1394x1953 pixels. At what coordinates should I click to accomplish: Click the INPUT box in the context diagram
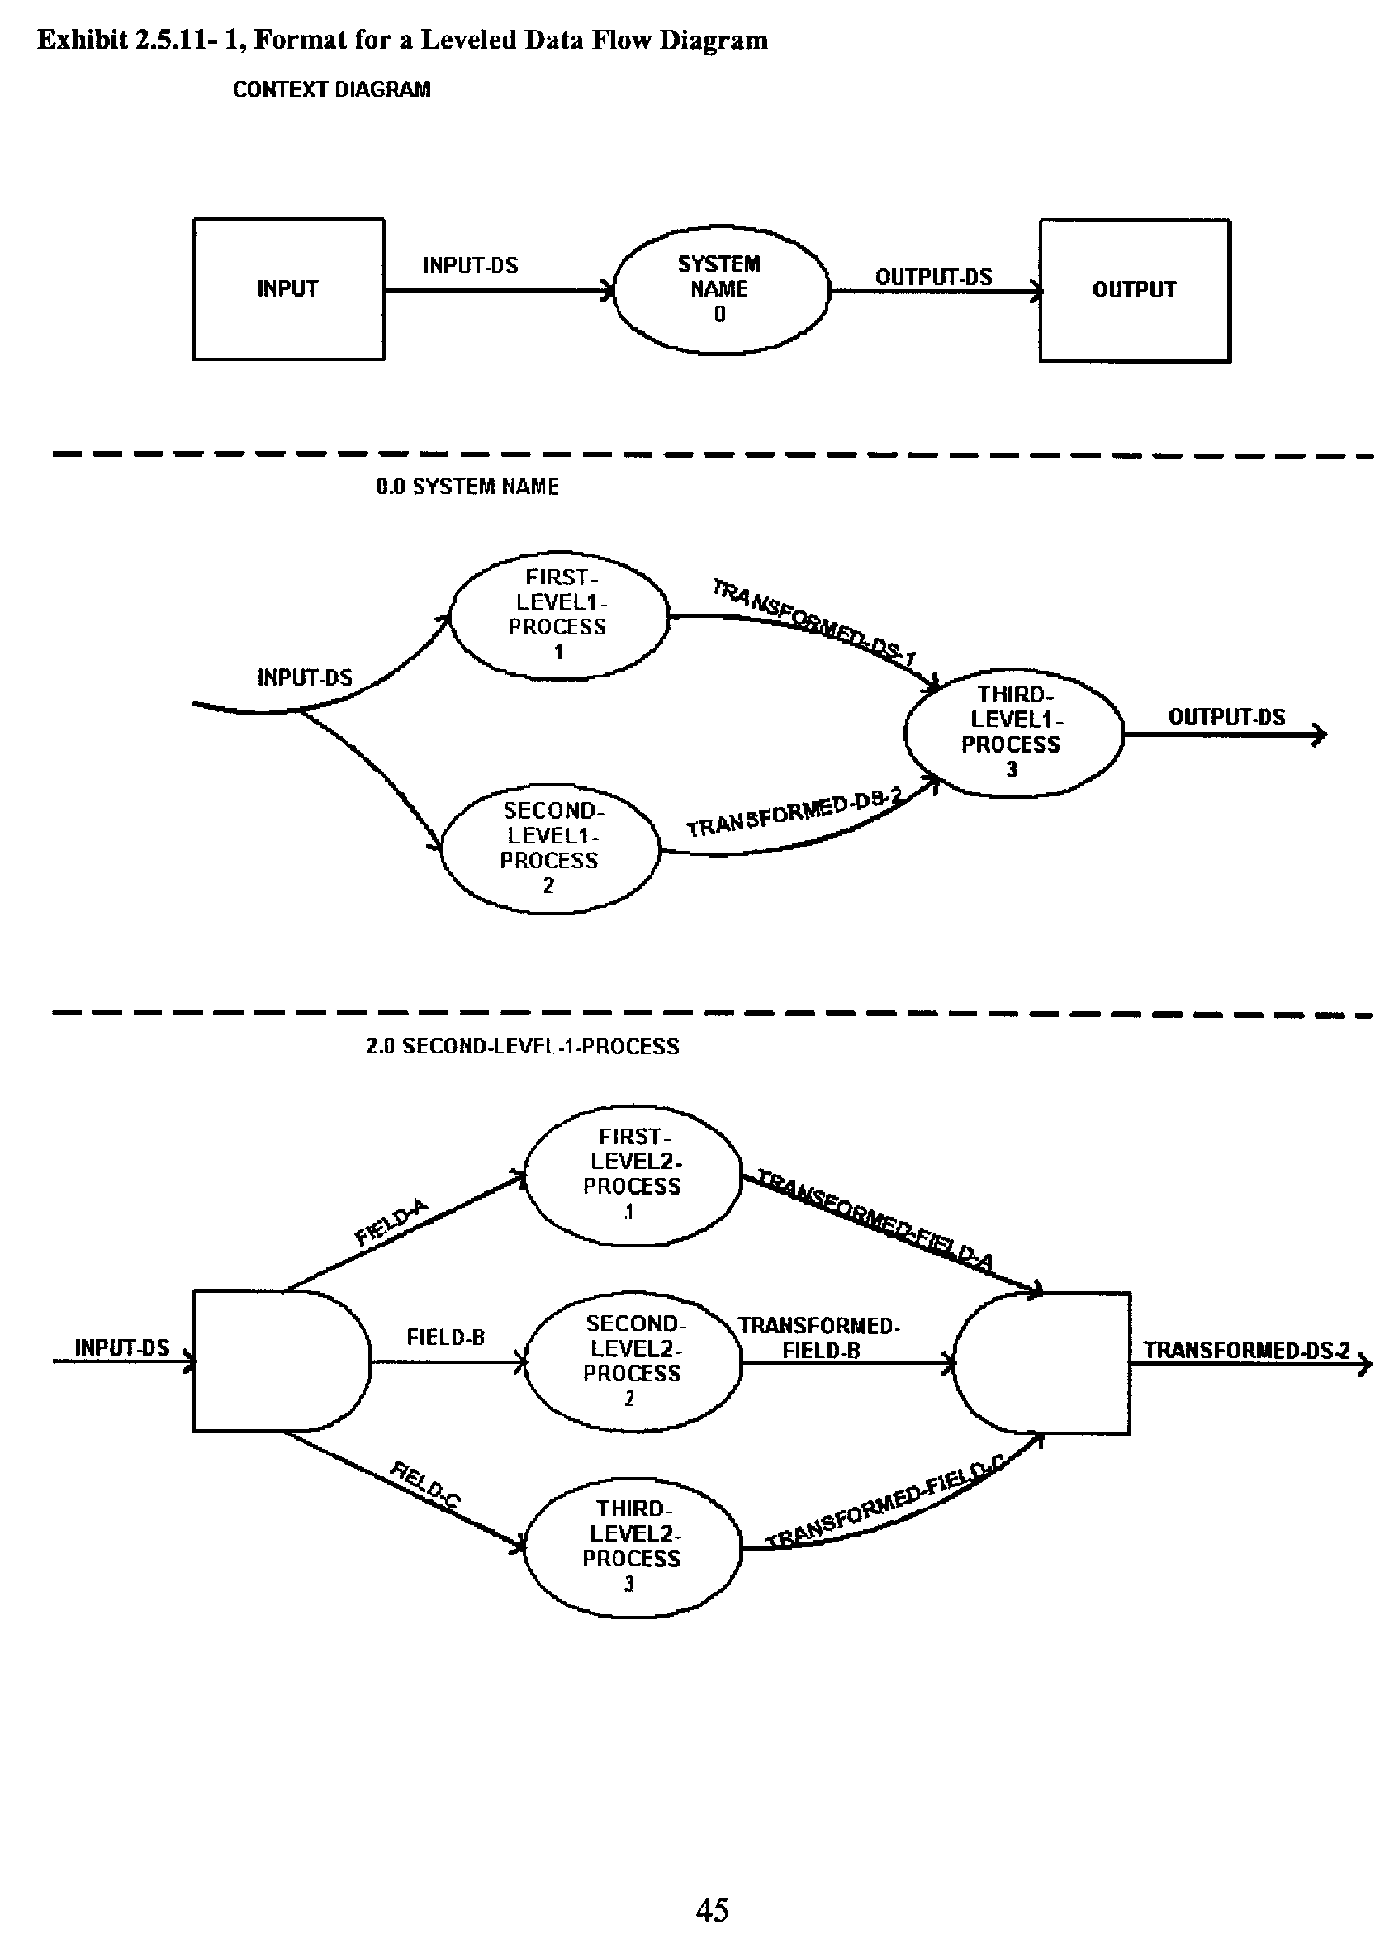click(x=287, y=289)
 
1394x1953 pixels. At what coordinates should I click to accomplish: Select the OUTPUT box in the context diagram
click(x=1134, y=290)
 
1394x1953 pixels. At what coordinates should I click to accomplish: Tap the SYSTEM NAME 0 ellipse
click(x=720, y=289)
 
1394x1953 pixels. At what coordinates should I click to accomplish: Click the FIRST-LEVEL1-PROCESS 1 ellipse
click(x=558, y=615)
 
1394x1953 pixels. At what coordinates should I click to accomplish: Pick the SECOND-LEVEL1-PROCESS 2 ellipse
click(x=550, y=848)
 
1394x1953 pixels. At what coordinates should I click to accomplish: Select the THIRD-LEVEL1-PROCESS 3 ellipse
click(x=1013, y=732)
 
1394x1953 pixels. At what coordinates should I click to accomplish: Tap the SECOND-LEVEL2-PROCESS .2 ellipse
click(x=633, y=1361)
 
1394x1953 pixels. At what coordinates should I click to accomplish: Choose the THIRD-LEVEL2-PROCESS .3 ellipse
click(x=633, y=1546)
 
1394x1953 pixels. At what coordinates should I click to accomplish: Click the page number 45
click(x=713, y=1910)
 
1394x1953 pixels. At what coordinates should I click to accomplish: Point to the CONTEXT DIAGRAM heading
click(x=331, y=90)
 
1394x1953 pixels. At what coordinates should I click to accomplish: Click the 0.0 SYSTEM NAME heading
click(x=467, y=487)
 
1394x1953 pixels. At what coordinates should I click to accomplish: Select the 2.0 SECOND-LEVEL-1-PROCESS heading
click(x=522, y=1046)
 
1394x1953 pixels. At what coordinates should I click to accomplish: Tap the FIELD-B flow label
click(x=445, y=1337)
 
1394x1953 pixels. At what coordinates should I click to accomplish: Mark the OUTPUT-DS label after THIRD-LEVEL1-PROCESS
click(x=1226, y=717)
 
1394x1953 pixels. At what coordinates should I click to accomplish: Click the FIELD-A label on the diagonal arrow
click(x=391, y=1223)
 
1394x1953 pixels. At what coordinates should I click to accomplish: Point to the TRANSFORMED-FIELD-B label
click(x=819, y=1338)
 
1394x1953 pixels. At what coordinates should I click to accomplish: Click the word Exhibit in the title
click(x=83, y=40)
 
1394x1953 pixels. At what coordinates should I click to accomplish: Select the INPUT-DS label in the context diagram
click(x=470, y=265)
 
